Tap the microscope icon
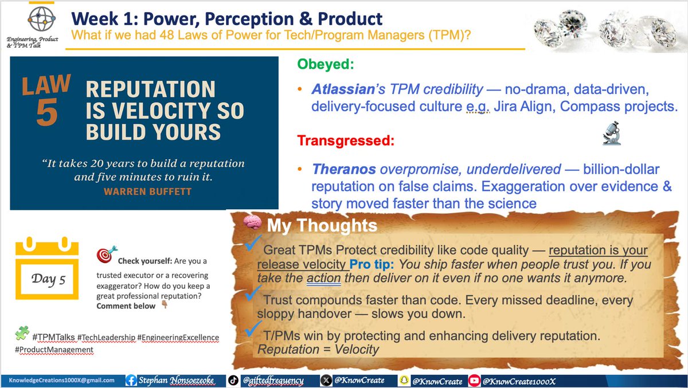point(609,135)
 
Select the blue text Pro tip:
point(373,265)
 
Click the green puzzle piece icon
point(22,333)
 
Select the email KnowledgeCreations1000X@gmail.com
point(61,380)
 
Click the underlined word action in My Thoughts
point(323,278)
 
